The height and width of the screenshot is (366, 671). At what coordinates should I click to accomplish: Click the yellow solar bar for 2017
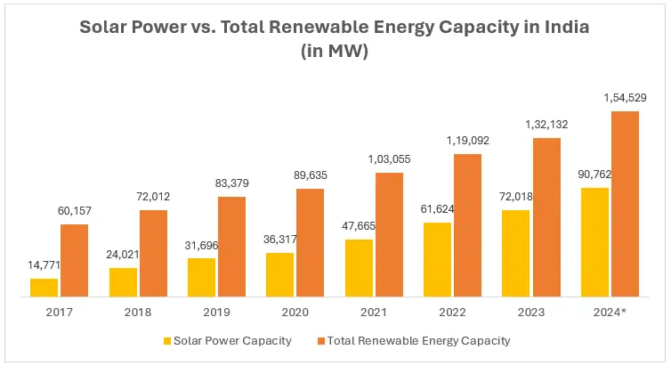point(44,287)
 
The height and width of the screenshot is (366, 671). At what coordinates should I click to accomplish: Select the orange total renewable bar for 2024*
point(626,204)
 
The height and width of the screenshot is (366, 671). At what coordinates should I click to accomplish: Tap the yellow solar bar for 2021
point(359,267)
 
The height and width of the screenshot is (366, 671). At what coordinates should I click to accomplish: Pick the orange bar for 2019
point(231,247)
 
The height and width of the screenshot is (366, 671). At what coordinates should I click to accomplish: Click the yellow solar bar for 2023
point(516,253)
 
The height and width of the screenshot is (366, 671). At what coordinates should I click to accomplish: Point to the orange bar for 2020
point(310,242)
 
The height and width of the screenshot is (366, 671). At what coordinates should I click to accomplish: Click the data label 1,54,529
point(626,96)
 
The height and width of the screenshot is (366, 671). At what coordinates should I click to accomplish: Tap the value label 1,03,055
point(389,158)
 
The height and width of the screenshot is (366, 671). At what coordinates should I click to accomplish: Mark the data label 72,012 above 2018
point(152,195)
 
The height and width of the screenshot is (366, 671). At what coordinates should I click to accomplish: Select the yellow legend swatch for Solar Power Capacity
point(166,340)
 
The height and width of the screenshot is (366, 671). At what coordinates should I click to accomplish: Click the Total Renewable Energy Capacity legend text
point(418,340)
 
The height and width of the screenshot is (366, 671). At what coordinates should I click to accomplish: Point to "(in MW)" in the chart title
point(335,51)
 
